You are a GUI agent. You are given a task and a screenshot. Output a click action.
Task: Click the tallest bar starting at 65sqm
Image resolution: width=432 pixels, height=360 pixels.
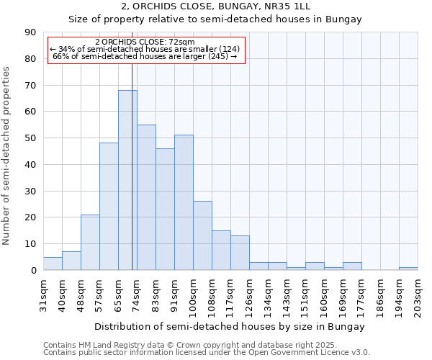tap(127, 180)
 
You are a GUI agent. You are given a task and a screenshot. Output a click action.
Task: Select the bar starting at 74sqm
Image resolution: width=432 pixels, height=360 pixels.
tap(146, 197)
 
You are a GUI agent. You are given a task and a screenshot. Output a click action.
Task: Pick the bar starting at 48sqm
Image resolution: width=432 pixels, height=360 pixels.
tap(90, 242)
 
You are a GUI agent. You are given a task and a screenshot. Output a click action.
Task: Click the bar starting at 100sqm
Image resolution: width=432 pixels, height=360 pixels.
tap(202, 235)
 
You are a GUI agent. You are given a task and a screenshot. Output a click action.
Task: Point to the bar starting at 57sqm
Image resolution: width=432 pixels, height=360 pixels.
tap(109, 207)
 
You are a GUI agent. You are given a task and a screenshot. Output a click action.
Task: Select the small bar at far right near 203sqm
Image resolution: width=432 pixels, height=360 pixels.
tap(408, 269)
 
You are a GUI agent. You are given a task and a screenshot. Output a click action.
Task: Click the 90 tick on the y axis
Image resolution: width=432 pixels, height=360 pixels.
tap(30, 32)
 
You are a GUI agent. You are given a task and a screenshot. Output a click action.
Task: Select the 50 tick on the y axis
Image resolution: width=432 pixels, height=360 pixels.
tap(30, 138)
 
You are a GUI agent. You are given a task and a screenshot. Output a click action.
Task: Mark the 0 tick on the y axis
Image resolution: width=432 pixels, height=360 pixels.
tap(33, 271)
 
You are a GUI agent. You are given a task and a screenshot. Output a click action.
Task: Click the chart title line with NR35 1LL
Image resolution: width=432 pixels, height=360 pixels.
tap(215, 7)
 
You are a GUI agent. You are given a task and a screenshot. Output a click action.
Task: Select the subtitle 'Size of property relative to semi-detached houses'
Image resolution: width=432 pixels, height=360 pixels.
tap(215, 19)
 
